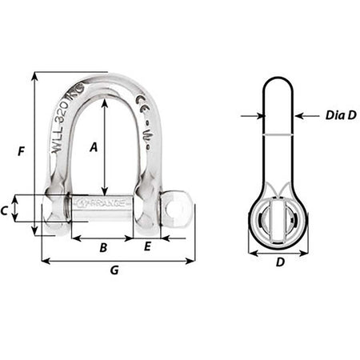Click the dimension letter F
click(19, 150)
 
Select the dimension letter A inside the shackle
click(94, 146)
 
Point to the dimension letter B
click(102, 248)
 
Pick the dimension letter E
click(147, 248)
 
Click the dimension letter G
click(114, 271)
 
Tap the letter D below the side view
click(279, 262)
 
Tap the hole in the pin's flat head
click(178, 210)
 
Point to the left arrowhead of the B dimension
click(74, 238)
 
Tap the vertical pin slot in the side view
click(279, 218)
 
